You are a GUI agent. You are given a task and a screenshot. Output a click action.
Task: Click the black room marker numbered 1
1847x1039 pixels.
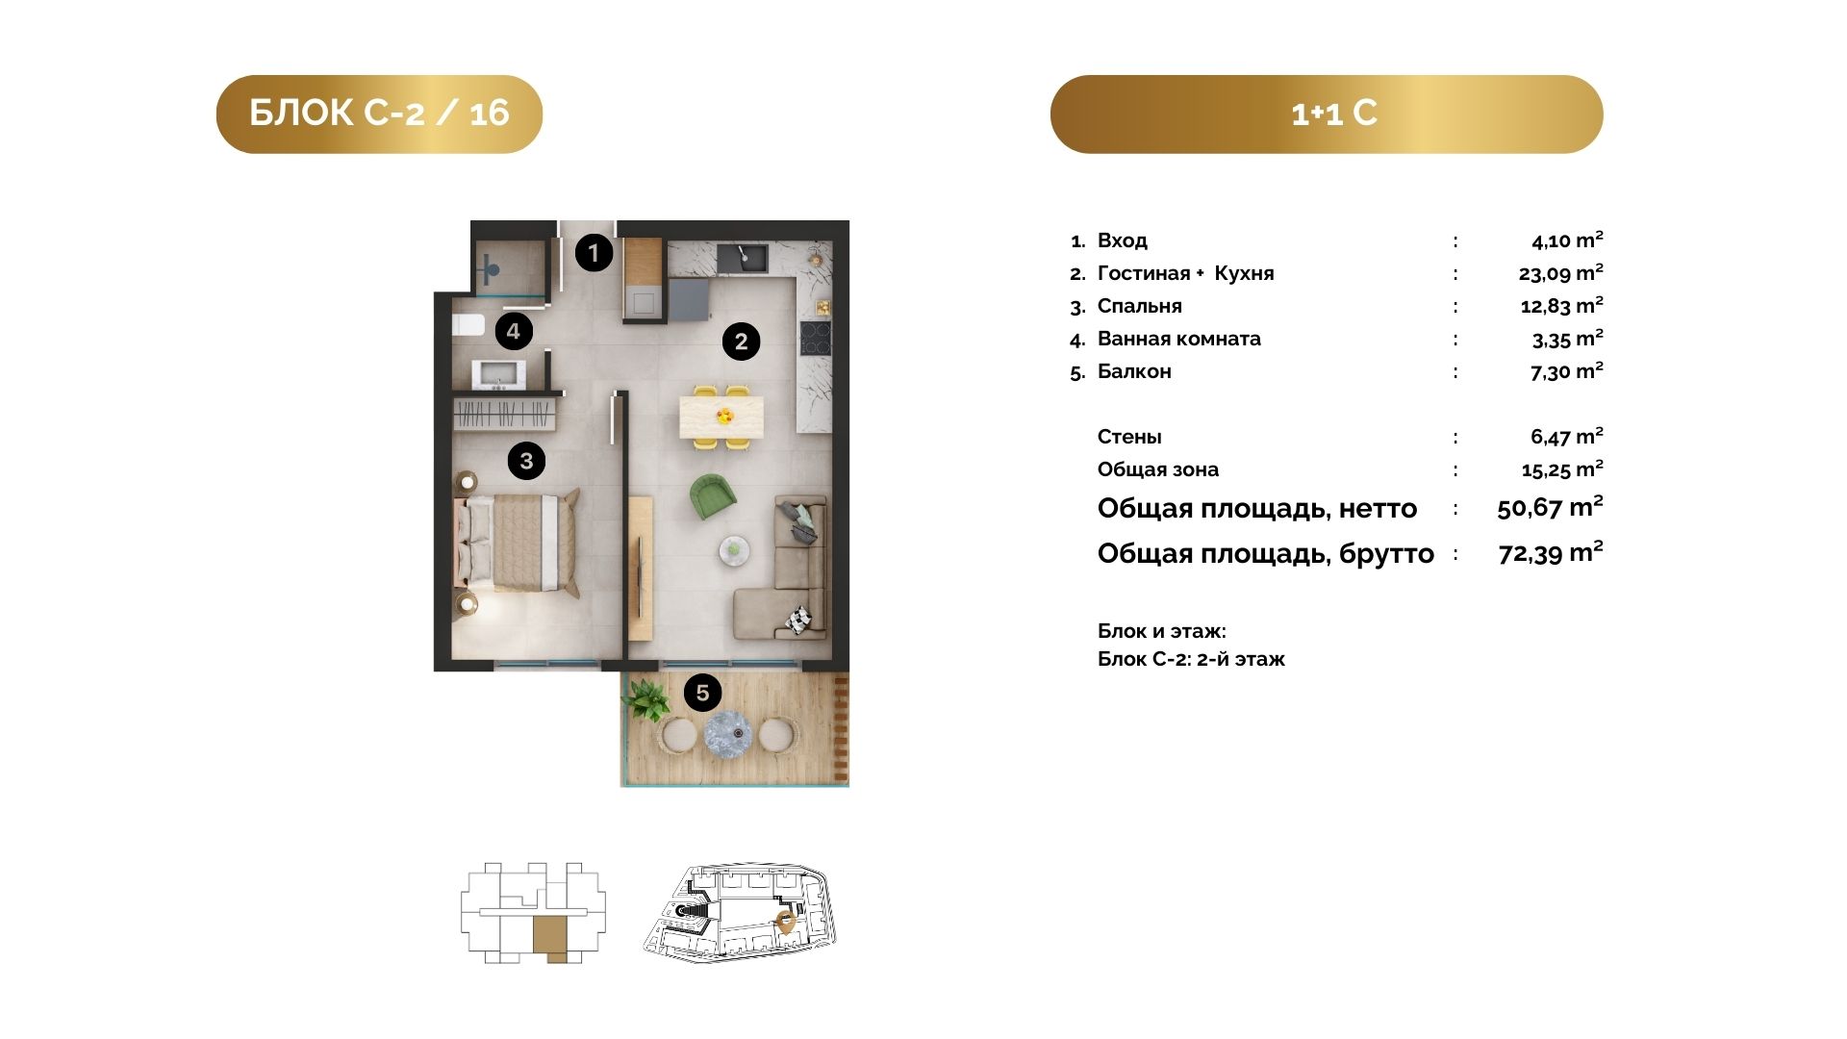[594, 253]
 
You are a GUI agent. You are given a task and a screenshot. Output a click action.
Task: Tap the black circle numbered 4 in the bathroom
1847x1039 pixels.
[514, 332]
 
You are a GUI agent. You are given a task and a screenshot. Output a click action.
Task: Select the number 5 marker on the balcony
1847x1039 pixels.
[702, 693]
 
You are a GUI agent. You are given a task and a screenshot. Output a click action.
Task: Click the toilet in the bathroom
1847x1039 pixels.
[468, 325]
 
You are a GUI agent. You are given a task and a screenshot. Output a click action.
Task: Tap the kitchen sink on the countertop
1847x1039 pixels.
[742, 257]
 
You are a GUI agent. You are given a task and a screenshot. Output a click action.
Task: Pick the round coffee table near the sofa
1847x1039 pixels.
[735, 548]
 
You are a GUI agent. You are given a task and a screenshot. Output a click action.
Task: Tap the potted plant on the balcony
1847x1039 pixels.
[646, 698]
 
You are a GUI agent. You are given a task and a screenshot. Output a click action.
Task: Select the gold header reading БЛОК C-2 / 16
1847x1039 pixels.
[379, 114]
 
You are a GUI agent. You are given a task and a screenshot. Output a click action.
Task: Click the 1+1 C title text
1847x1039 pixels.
[1333, 114]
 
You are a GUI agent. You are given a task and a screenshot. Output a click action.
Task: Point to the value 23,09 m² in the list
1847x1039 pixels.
[1560, 273]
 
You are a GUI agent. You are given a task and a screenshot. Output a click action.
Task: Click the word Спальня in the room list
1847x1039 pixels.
[1140, 306]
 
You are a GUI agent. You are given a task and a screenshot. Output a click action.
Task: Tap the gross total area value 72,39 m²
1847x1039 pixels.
[1551, 553]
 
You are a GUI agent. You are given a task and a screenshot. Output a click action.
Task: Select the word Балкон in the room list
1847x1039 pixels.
[1134, 371]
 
